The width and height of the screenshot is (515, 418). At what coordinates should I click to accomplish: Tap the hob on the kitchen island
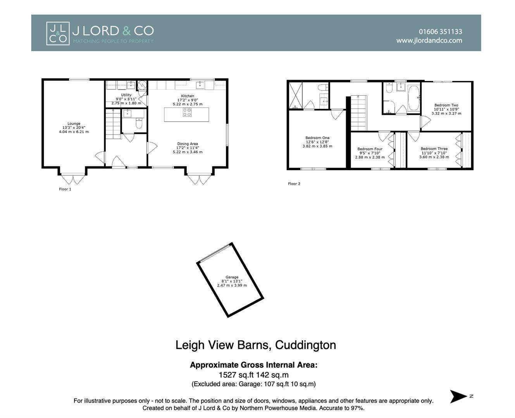pos(187,112)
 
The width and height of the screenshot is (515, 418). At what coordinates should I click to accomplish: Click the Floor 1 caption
pos(65,189)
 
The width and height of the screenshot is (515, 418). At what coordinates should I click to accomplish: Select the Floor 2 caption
pos(294,184)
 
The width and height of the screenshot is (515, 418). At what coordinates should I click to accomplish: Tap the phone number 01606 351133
pos(440,32)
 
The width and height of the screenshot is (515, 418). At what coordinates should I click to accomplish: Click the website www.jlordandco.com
pos(429,40)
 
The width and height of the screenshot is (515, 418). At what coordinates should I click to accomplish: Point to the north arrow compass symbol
pos(459,396)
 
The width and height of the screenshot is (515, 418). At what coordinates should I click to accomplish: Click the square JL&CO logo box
pos(58,33)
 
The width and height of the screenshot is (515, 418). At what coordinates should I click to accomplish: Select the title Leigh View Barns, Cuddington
pos(255,345)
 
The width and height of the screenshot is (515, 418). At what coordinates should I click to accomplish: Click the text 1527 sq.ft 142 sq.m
pos(253,375)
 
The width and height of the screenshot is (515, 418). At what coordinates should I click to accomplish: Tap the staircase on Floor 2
pos(358,113)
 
